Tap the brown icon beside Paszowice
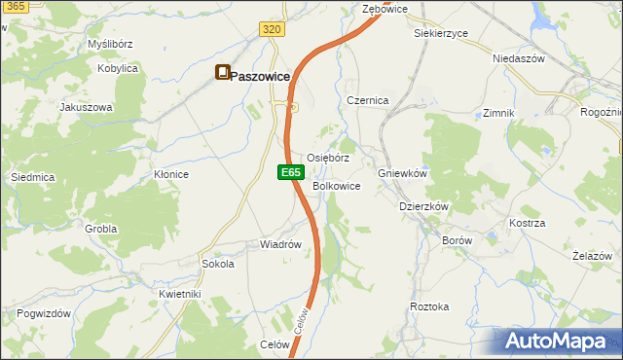[x=223, y=73]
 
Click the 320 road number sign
[x=273, y=30]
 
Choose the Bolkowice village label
[x=337, y=186]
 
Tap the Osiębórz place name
[x=328, y=158]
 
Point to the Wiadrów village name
[x=279, y=244]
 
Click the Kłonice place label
[x=171, y=174]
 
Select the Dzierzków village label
[x=423, y=206]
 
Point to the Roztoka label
[x=429, y=306]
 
